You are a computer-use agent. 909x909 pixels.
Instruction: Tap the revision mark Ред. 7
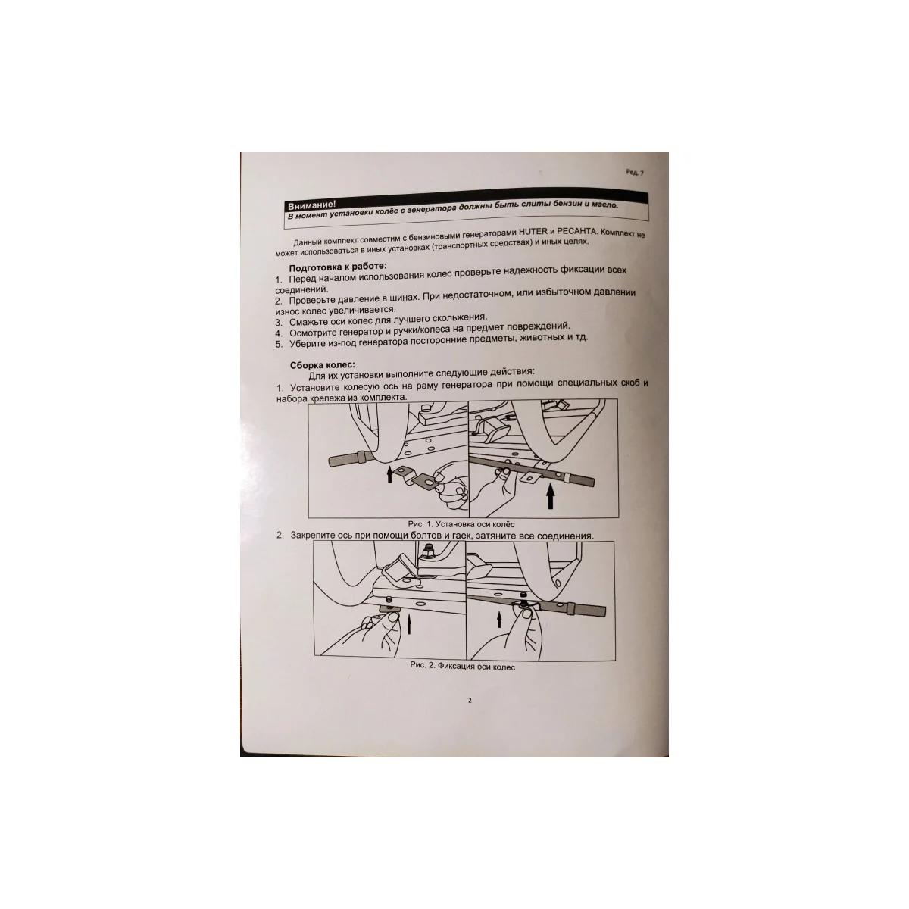[x=635, y=172]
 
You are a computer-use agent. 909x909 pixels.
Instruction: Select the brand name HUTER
[x=533, y=232]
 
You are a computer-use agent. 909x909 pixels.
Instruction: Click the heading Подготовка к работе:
[x=337, y=267]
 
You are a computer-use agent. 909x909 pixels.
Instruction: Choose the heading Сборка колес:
[x=322, y=365]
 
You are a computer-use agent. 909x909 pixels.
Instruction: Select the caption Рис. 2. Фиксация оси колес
[x=462, y=667]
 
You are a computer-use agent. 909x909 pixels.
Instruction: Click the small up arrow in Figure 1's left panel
[x=389, y=474]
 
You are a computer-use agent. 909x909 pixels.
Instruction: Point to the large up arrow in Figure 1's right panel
[x=550, y=498]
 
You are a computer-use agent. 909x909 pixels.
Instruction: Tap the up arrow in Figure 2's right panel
[x=499, y=620]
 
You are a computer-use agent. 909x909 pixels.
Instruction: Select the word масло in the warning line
[x=604, y=205]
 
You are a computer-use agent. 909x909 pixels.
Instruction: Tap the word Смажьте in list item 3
[x=309, y=322]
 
